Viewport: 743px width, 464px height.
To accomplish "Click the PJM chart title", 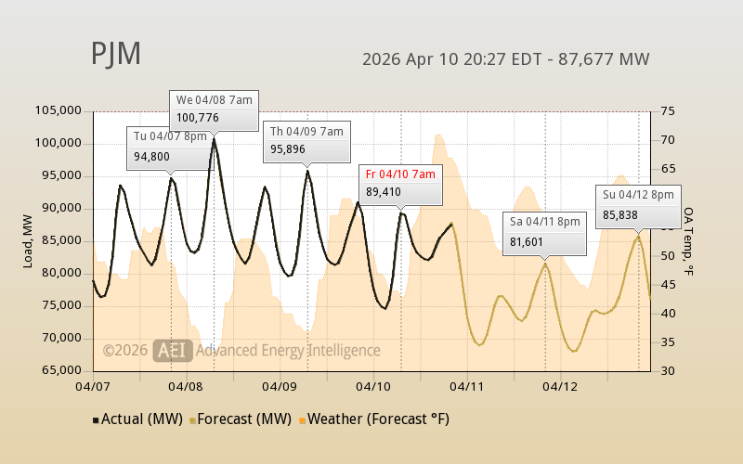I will [x=116, y=54].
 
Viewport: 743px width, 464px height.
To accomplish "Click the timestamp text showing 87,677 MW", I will [x=505, y=59].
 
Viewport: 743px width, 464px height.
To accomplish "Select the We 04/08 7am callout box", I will [x=214, y=110].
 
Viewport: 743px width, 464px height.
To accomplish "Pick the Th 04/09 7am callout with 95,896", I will [x=306, y=140].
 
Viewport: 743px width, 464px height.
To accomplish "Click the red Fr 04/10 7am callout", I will [x=401, y=184].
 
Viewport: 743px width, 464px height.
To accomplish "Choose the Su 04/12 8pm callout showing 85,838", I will [x=638, y=204].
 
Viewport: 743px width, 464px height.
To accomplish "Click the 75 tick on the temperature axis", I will [x=668, y=110].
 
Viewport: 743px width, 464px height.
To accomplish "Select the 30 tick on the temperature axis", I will [x=668, y=370].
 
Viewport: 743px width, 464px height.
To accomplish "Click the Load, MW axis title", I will [x=29, y=240].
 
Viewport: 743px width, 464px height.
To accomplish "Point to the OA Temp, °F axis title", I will [x=689, y=240].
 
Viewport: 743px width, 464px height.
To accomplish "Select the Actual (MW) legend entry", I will [x=137, y=419].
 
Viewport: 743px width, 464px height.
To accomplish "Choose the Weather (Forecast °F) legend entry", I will [x=375, y=419].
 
